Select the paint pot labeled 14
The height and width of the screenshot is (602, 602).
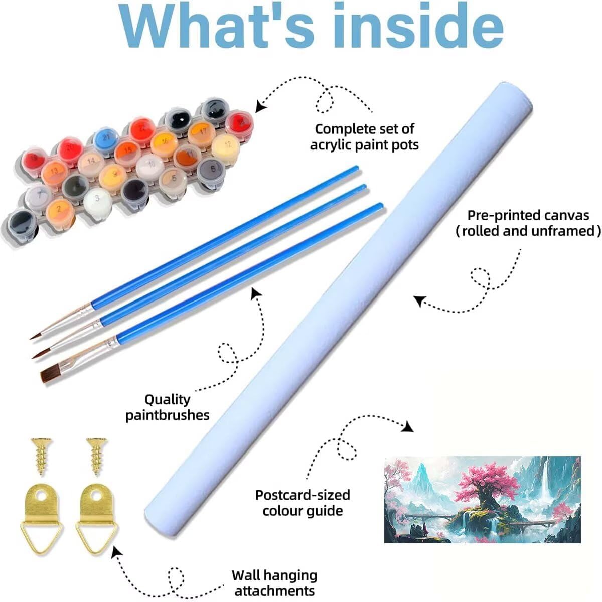click(91, 163)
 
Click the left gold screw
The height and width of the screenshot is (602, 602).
click(41, 457)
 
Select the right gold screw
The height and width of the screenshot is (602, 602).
click(97, 457)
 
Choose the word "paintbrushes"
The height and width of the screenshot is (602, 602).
click(168, 416)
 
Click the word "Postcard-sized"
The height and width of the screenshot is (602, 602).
click(303, 495)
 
